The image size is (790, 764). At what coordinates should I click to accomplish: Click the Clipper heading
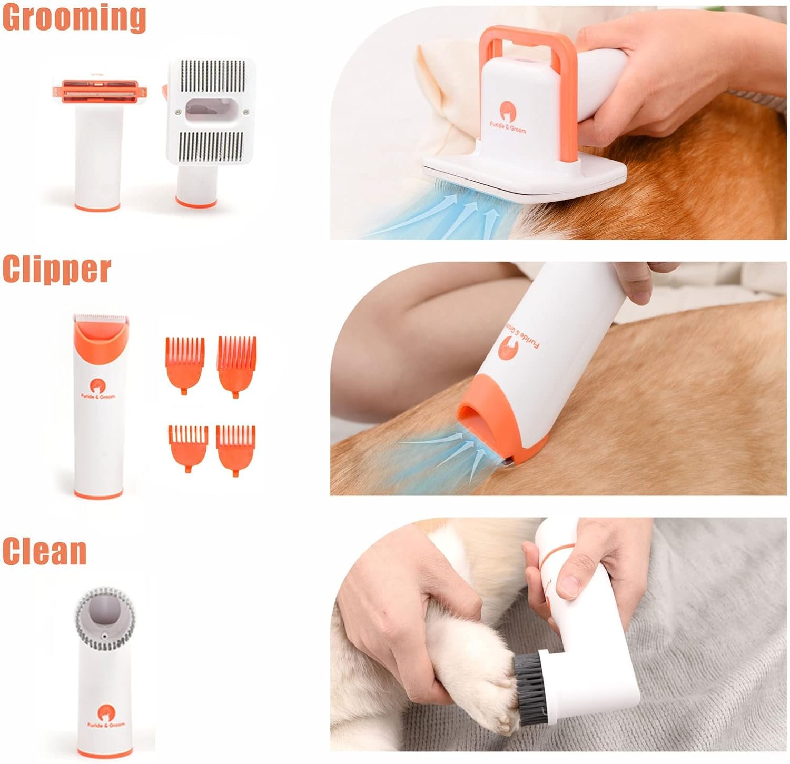(56, 270)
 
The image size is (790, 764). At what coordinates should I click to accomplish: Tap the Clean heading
(44, 551)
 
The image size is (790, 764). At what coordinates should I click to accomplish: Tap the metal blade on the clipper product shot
(101, 319)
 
